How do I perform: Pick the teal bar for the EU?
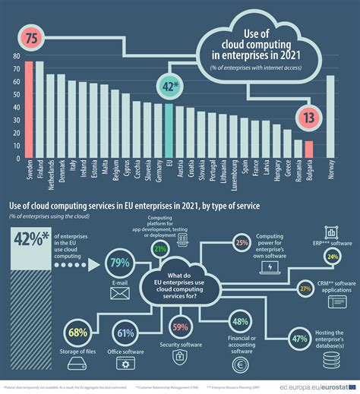tap(169, 132)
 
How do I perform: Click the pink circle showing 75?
tap(32, 37)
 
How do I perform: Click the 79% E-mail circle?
tap(121, 263)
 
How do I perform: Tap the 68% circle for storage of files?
tap(77, 331)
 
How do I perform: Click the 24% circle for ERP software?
tap(332, 257)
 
